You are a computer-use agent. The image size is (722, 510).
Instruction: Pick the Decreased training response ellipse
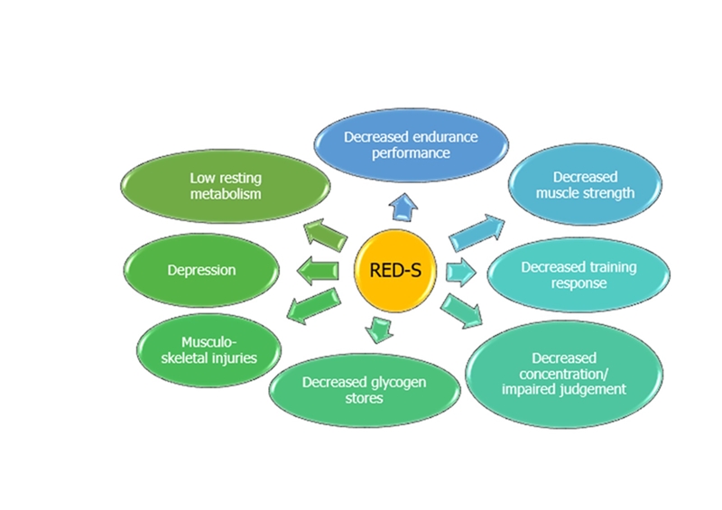pos(579,274)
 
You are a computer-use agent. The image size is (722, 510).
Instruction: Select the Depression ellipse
pos(201,270)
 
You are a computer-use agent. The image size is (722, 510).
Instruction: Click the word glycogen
pos(395,382)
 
